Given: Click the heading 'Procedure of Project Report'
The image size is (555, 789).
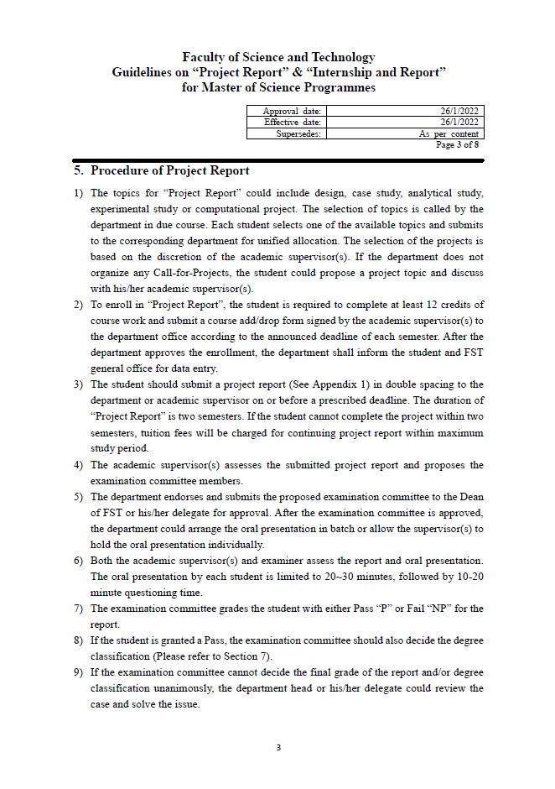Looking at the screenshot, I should point(169,171).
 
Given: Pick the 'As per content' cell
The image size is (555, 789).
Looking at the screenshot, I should point(449,133).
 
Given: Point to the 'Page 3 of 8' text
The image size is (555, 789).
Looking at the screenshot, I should point(457,144).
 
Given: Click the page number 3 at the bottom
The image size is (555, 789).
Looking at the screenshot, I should point(277,746).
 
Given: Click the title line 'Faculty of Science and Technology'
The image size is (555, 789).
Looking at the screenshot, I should point(277,57).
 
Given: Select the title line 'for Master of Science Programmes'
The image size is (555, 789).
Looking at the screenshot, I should point(277,87).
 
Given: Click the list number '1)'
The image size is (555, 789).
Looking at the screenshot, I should point(79,193).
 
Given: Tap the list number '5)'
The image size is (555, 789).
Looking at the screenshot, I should point(79,496).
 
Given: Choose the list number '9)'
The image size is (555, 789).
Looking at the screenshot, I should point(79,672).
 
